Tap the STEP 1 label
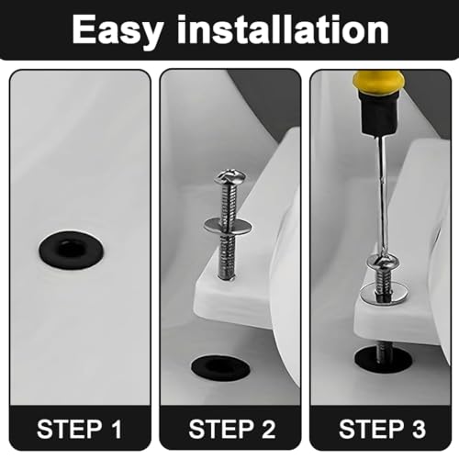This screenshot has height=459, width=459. click(79, 429)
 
